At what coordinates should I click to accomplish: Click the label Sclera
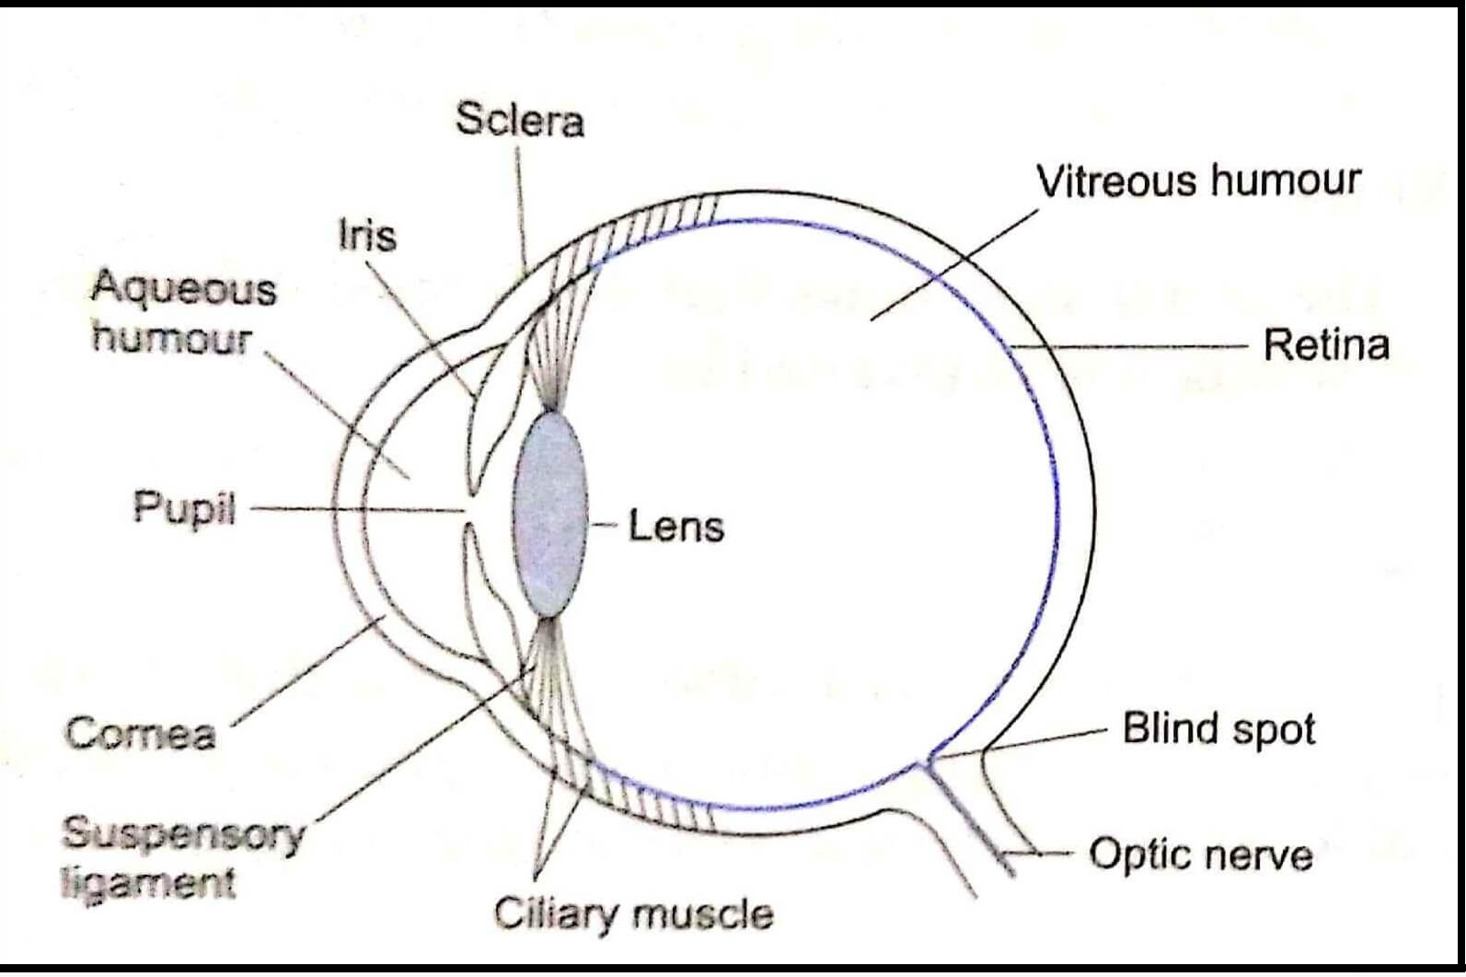(520, 121)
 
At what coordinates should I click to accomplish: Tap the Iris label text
(367, 236)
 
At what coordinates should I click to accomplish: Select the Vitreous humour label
(1197, 180)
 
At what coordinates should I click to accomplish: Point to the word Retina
(1325, 345)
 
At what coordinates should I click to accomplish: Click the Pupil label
(185, 507)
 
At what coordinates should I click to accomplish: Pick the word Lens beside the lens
(675, 527)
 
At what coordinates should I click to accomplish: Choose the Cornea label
(141, 734)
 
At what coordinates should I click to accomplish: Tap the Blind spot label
(1218, 729)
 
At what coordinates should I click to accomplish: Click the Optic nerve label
(1200, 855)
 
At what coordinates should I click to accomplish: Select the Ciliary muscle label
(633, 914)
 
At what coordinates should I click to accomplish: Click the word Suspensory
(182, 834)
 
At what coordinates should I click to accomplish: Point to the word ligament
(148, 882)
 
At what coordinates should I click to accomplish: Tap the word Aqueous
(183, 289)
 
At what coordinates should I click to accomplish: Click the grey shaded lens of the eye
(550, 513)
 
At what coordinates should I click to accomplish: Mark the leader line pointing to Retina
(1132, 347)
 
